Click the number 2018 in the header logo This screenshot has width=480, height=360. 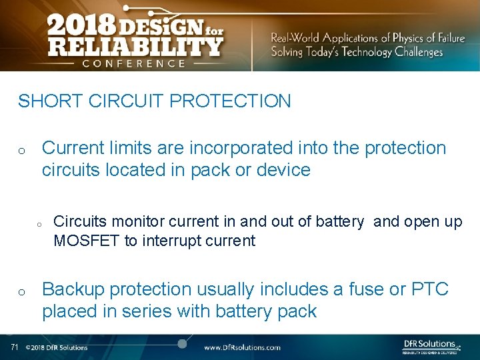click(81, 27)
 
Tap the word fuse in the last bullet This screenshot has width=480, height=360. click(364, 289)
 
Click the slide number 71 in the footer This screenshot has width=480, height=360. click(15, 347)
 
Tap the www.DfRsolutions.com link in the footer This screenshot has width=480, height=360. click(242, 347)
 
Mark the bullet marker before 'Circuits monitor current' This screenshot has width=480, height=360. click(39, 224)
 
